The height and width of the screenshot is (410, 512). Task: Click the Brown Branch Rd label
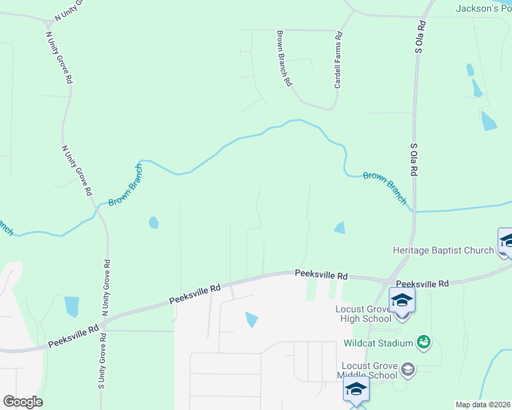(284, 58)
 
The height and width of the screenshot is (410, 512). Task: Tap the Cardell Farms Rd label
(337, 61)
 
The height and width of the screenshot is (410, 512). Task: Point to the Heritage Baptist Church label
(444, 250)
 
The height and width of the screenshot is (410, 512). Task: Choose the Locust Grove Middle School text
(368, 370)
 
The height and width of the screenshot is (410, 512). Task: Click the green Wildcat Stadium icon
(424, 341)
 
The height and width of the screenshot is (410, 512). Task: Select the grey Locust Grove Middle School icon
(408, 369)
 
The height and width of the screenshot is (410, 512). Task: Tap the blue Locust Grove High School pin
(402, 301)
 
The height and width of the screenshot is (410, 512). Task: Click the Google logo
(23, 402)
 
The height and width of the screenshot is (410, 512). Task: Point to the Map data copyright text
(483, 405)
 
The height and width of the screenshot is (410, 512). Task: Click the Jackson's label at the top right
(483, 8)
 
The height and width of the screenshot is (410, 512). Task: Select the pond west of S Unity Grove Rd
(71, 306)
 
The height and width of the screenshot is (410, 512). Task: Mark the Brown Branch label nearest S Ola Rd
(385, 187)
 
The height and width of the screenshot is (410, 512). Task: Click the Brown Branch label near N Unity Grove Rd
(125, 185)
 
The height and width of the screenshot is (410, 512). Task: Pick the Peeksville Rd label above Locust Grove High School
(422, 283)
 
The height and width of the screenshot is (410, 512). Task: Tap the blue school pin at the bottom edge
(356, 391)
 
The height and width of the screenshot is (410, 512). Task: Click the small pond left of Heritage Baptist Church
(340, 228)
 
